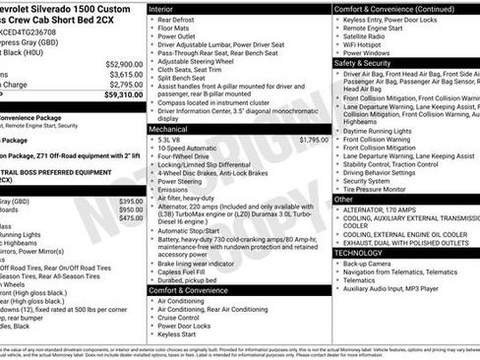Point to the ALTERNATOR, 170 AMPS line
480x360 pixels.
pyautogui.click(x=386, y=210)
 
